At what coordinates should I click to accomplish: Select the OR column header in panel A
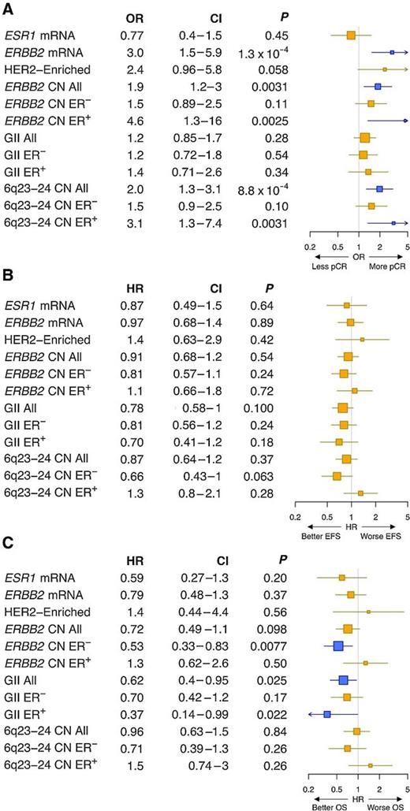point(135,18)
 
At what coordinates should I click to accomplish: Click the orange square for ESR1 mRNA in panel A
point(351,35)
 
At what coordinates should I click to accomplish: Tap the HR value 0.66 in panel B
point(135,476)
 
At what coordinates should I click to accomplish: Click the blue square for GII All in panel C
point(343,679)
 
